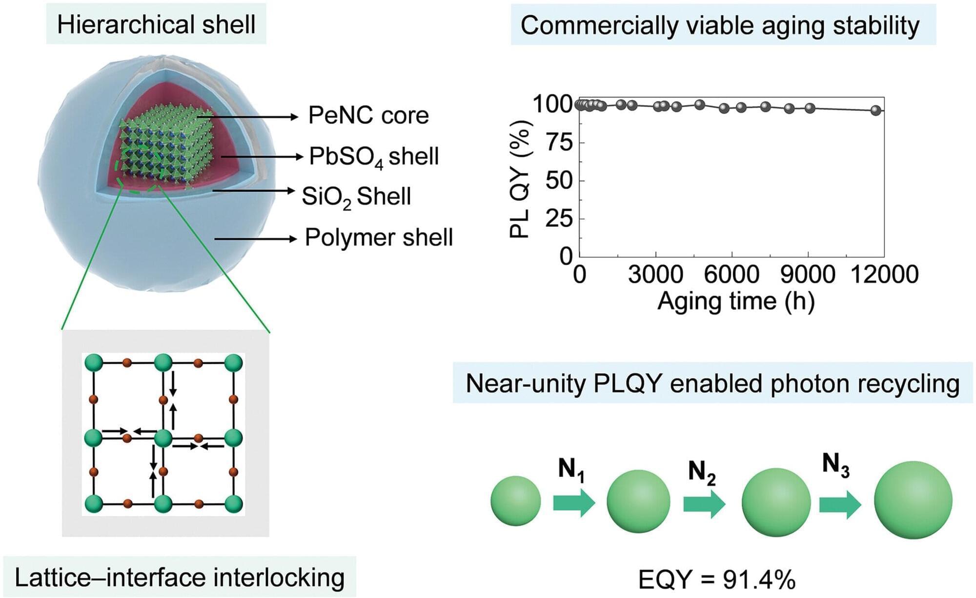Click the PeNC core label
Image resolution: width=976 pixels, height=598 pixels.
[368, 116]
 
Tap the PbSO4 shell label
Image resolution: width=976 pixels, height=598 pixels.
[374, 157]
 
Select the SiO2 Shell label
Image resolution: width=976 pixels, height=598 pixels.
[356, 197]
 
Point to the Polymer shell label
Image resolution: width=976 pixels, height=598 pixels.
[379, 238]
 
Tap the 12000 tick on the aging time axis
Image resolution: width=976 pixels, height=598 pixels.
[884, 275]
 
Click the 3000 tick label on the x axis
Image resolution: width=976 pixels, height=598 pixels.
[655, 275]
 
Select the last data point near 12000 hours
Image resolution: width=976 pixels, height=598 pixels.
[876, 110]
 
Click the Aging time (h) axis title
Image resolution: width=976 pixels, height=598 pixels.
[736, 301]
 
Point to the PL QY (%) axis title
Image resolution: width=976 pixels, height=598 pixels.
[519, 179]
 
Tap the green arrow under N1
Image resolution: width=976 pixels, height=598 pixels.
[574, 502]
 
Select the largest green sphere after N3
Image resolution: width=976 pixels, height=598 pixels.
[913, 500]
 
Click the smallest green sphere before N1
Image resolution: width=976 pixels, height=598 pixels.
[516, 501]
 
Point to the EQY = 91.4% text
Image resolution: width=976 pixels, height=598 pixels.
[717, 579]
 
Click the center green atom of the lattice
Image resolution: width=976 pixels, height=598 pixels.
[163, 438]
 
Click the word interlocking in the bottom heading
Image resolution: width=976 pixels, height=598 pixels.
[279, 578]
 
